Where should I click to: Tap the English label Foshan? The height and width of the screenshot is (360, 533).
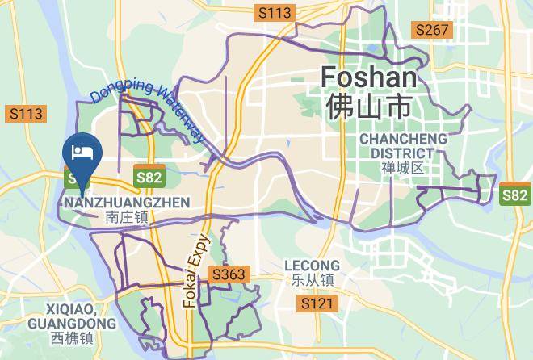369,78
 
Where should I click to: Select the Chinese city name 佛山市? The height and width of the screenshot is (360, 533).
369,106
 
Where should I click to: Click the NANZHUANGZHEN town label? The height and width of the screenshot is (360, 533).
126,202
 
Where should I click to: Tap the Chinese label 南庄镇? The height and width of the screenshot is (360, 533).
126,216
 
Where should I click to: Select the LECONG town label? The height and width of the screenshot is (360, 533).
312,266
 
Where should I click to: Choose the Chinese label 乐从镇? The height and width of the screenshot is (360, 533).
312,280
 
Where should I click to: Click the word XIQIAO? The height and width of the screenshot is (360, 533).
71,309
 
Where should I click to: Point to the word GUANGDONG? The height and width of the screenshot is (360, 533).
71,324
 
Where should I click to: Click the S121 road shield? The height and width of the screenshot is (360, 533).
316,303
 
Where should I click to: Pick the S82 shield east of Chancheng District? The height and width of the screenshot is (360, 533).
514,195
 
